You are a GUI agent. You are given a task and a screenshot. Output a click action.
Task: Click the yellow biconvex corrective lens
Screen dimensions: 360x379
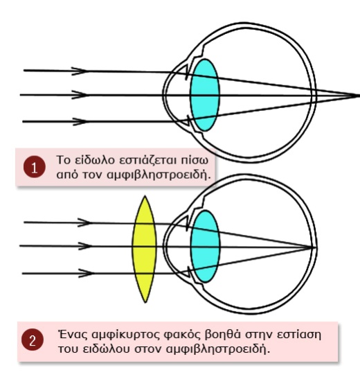[x=145, y=249]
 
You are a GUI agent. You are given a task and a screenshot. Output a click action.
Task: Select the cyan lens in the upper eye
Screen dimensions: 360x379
[x=205, y=95]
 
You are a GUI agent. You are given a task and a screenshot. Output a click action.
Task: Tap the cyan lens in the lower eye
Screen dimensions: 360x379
[x=205, y=246]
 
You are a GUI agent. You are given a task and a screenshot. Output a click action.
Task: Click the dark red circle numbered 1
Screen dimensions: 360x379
[x=35, y=167]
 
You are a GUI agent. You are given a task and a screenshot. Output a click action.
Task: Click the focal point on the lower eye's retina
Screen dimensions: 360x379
[x=312, y=247]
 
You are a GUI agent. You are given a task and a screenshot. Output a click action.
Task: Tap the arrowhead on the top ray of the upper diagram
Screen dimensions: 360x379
[x=80, y=71]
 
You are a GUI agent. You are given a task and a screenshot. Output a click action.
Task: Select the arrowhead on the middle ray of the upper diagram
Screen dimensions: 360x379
[x=80, y=95]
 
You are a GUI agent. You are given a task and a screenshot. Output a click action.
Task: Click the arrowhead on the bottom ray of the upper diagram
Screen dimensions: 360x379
[x=80, y=121]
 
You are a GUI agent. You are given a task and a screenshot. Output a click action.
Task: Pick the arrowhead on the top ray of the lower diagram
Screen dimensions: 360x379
[x=84, y=222]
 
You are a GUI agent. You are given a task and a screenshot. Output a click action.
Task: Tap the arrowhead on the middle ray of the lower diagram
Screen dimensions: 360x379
[x=85, y=246]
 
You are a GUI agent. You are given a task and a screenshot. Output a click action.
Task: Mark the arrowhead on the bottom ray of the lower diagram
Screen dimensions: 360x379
[x=86, y=274]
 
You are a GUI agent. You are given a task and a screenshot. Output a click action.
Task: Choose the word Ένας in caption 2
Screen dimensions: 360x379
[x=73, y=335]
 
